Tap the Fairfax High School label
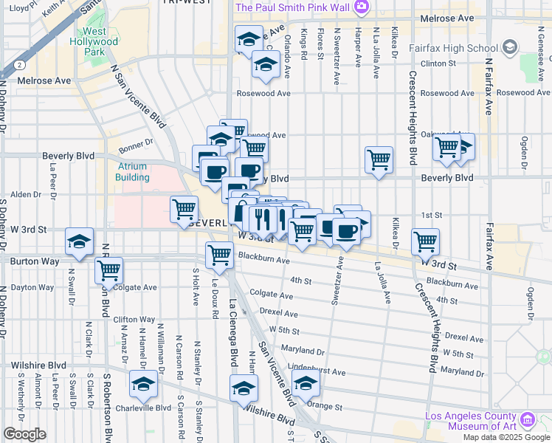click(461, 49)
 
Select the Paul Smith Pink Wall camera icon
click(361, 7)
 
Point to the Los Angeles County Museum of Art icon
click(527, 420)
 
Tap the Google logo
click(24, 434)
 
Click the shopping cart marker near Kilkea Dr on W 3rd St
click(425, 240)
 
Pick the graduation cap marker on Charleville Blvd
click(144, 383)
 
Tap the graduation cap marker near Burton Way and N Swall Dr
click(79, 242)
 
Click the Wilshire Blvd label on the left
click(38, 365)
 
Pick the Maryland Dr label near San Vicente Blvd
click(303, 352)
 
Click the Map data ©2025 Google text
click(506, 437)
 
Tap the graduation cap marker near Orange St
click(305, 382)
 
